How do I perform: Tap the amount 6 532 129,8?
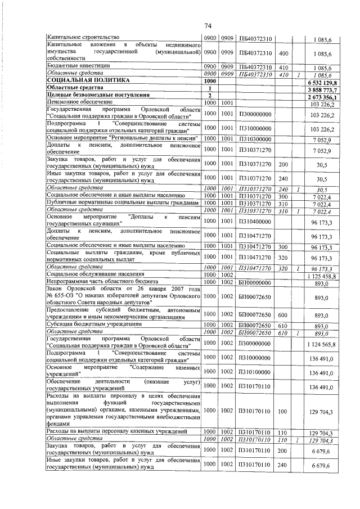click(x=319, y=81)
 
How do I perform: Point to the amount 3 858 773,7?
click(x=319, y=88)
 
